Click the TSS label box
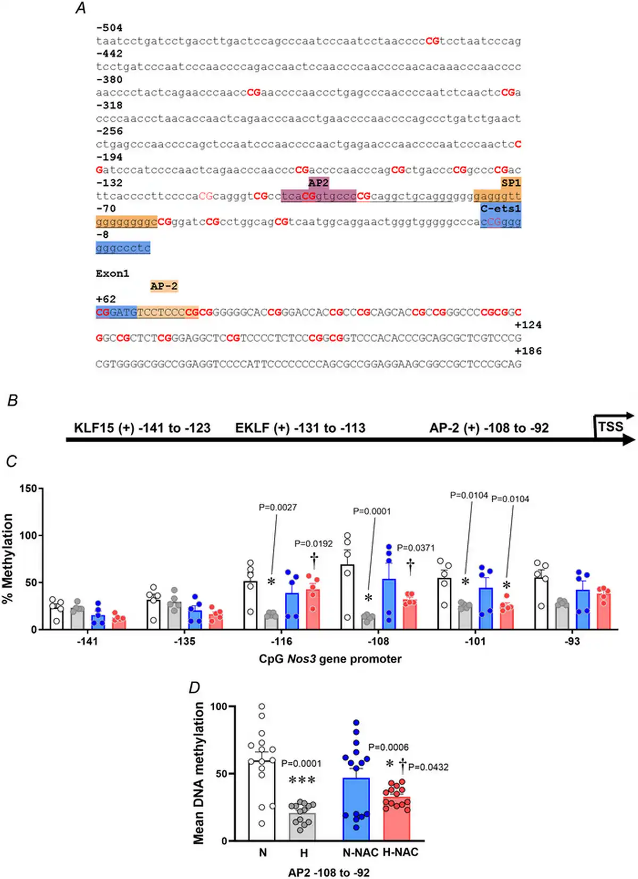coord(610,427)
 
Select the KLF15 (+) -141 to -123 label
coord(142,428)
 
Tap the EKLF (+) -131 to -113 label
coord(300,428)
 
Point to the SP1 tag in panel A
coord(511,183)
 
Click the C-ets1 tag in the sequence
coord(500,209)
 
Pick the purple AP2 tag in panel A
coord(318,183)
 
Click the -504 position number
coord(110,28)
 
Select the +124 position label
coord(528,325)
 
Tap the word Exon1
coord(112,273)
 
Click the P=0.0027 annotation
coord(278,508)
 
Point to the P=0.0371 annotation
coord(416,548)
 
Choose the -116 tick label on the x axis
coord(281,641)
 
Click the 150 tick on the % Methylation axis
coord(28,488)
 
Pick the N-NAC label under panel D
coord(360,852)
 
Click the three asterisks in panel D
coord(302,781)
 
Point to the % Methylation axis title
coord(7,558)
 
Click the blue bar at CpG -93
coord(583,609)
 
